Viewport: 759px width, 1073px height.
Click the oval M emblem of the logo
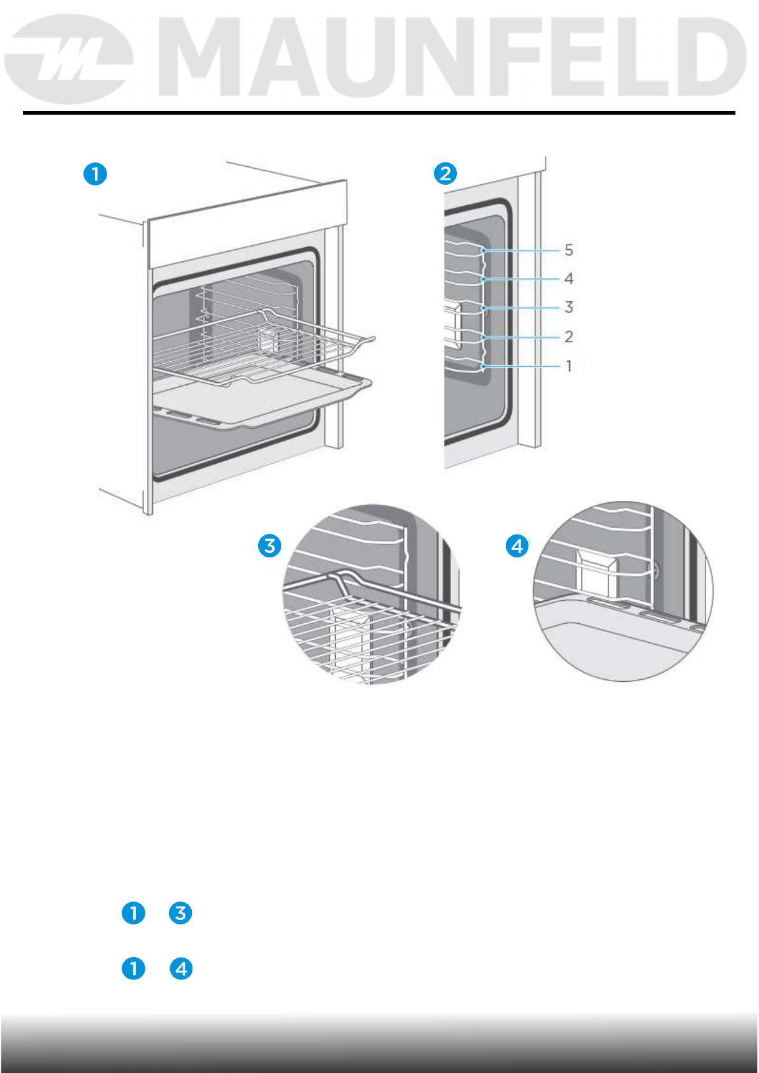click(69, 59)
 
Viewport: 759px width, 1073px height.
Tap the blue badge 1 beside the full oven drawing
click(96, 174)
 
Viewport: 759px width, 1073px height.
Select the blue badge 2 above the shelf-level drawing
click(445, 173)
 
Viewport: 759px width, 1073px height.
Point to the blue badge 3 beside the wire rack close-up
click(270, 546)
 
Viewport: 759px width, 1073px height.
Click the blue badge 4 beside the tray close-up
click(517, 546)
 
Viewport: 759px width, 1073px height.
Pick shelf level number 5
click(568, 250)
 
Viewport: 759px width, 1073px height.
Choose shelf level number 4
click(568, 278)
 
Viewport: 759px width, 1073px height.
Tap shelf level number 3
click(568, 307)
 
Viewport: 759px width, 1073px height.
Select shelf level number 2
click(568, 336)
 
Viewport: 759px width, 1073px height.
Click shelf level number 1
click(568, 366)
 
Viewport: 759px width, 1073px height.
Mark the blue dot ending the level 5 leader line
click(484, 251)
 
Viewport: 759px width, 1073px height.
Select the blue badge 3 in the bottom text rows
click(180, 913)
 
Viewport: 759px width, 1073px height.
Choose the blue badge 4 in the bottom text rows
click(181, 969)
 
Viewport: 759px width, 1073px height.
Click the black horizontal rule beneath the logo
click(379, 113)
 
